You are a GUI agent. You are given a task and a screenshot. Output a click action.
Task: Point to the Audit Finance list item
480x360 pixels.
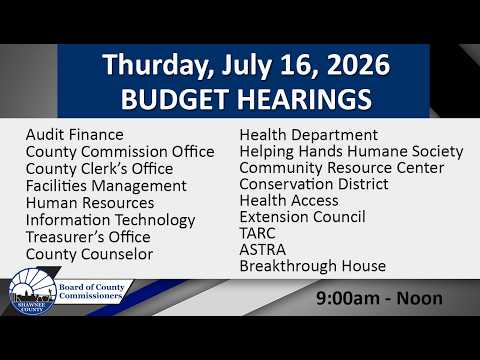75,135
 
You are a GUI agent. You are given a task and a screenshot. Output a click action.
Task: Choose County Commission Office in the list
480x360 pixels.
120,152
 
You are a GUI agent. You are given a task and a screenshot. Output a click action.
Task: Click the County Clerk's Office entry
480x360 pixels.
100,169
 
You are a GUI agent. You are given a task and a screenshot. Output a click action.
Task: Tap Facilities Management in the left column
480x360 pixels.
106,186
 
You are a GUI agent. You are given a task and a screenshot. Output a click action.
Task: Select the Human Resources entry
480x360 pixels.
90,203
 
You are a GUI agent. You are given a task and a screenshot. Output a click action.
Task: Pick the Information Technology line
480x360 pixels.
111,221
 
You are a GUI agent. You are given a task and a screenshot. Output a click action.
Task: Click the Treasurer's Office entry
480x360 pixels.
88,237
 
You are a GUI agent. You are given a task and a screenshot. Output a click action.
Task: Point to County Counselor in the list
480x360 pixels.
90,254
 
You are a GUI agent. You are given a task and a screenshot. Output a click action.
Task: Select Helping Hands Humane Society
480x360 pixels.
351,152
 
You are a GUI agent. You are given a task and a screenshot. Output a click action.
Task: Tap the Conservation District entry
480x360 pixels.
314,184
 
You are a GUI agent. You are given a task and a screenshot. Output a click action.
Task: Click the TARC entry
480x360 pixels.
258,233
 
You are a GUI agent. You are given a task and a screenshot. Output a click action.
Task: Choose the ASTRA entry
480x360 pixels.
263,250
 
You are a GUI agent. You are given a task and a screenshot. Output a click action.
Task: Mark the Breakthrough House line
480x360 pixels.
313,266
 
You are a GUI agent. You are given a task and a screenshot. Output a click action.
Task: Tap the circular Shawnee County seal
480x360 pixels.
32,292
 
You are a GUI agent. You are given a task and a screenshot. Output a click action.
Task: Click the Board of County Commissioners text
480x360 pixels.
92,291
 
